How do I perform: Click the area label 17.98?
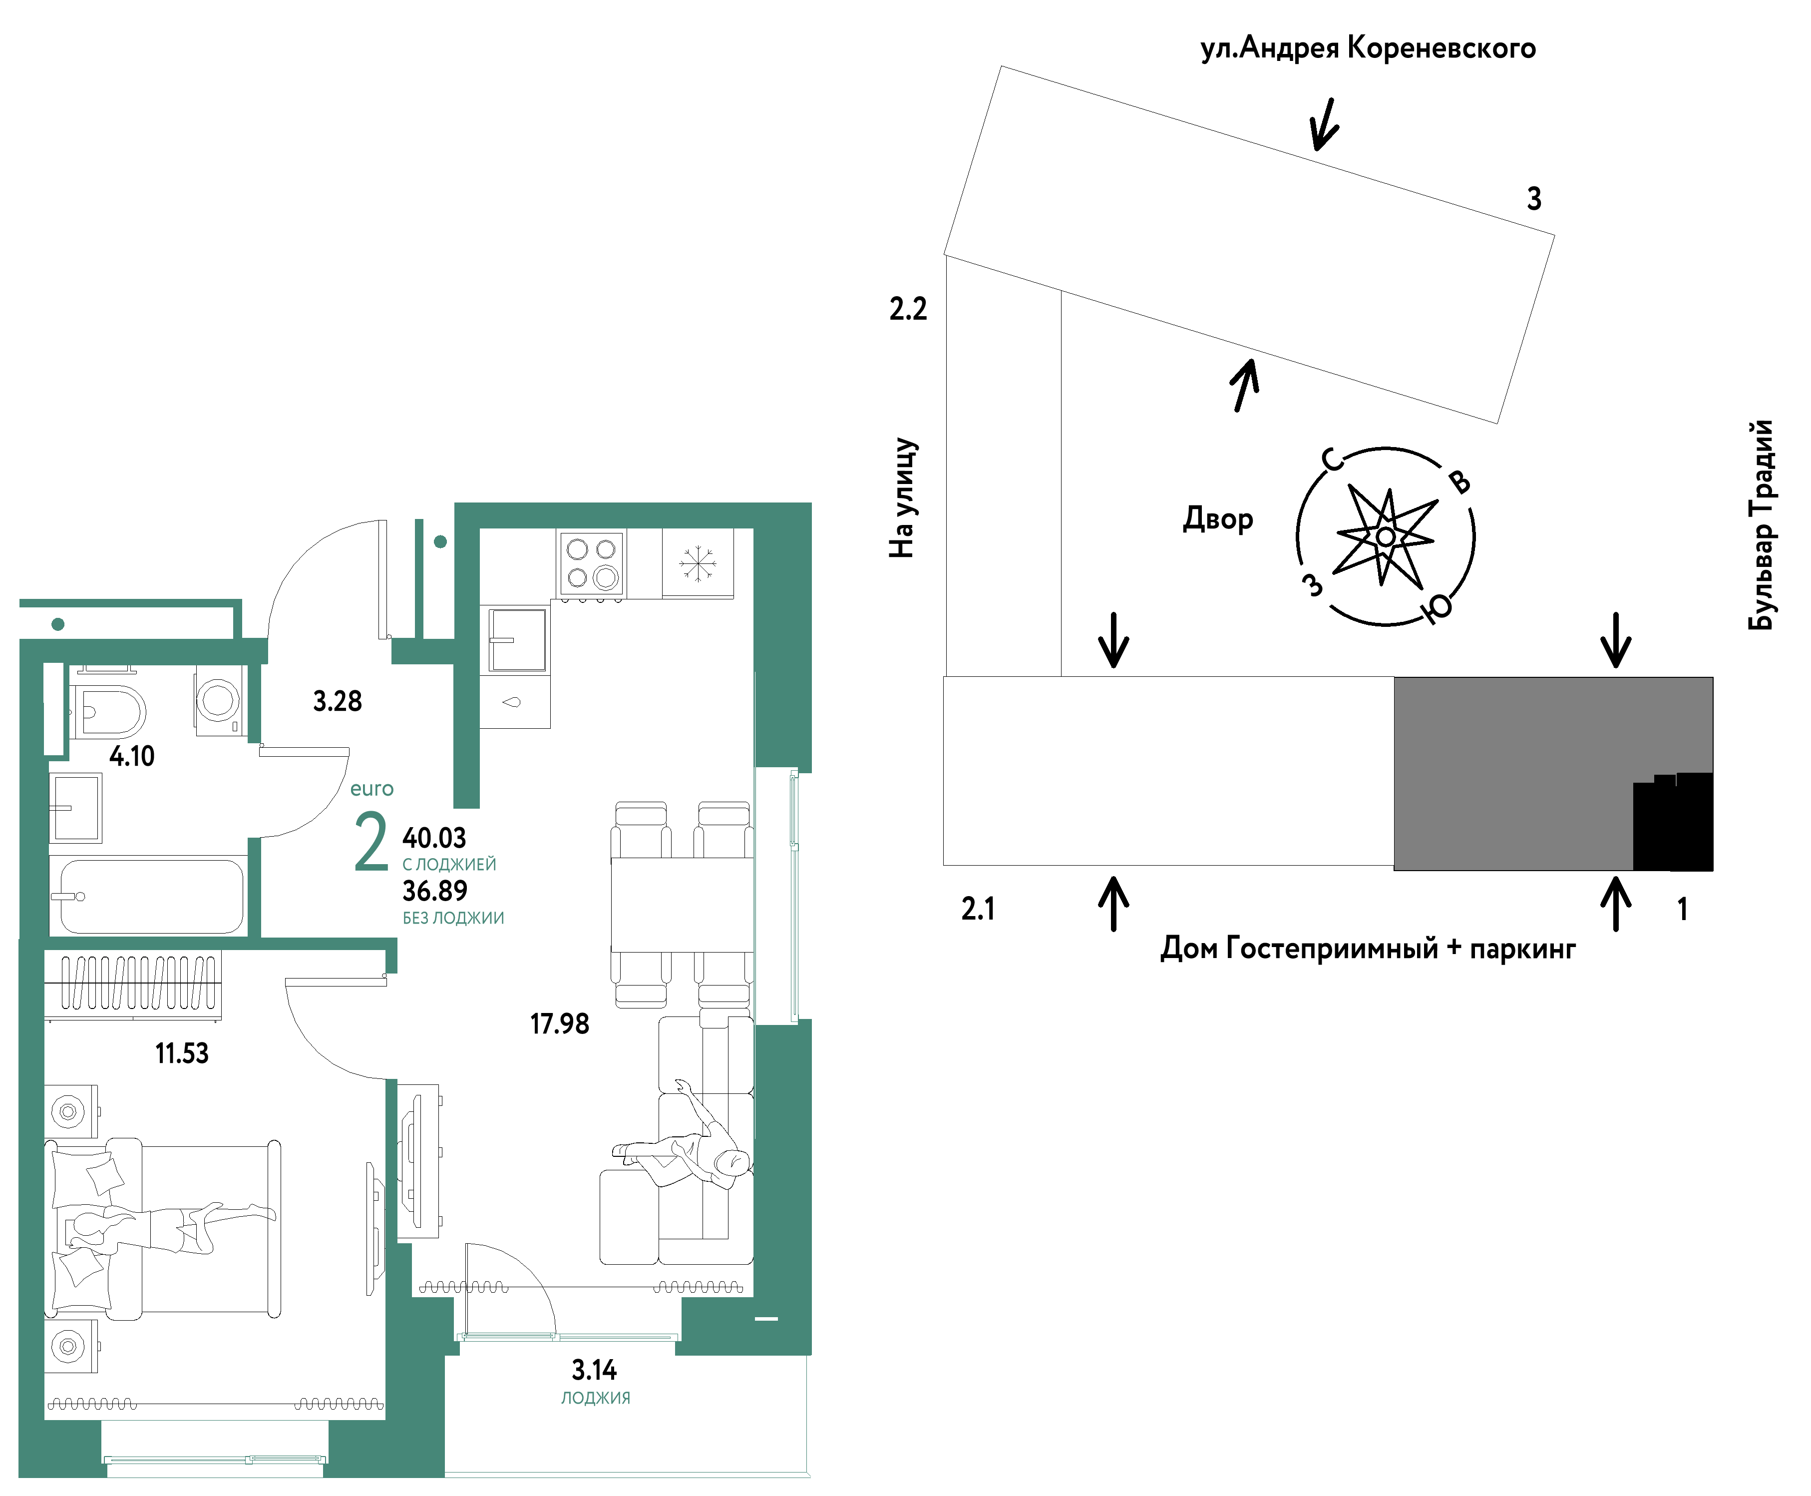[559, 1024]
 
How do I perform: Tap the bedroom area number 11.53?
[182, 1053]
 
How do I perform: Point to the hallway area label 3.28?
[337, 701]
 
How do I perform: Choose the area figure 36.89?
[434, 891]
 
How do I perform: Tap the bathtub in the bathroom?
[151, 896]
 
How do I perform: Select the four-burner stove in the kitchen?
[591, 563]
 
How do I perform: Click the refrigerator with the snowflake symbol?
[697, 563]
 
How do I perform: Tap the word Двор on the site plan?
[1217, 519]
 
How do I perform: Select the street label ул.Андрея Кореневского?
[1367, 48]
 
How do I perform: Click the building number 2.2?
[908, 309]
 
